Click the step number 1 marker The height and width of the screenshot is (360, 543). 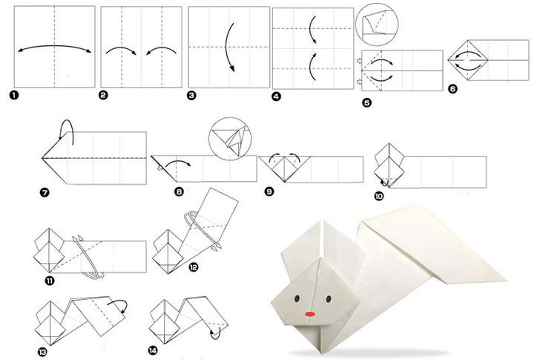(x=14, y=95)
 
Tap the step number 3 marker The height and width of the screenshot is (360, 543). (x=191, y=96)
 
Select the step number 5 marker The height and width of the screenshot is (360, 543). (x=367, y=102)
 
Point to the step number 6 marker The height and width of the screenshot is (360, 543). (x=452, y=89)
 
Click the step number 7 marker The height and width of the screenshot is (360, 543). (x=45, y=192)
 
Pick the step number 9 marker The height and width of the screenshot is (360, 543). (x=269, y=192)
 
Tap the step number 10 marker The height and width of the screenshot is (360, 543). (x=379, y=197)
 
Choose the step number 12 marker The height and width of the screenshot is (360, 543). (x=193, y=266)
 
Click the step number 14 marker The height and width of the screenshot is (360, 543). (x=152, y=350)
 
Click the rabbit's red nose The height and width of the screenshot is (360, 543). (x=310, y=314)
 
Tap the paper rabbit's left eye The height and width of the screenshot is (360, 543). (x=297, y=298)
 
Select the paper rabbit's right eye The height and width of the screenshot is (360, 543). (x=329, y=298)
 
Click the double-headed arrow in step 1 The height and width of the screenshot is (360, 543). (x=54, y=46)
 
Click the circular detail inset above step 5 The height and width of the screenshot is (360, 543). (x=377, y=24)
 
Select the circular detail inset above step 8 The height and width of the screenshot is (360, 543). (x=230, y=139)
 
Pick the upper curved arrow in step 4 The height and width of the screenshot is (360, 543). (x=312, y=30)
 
